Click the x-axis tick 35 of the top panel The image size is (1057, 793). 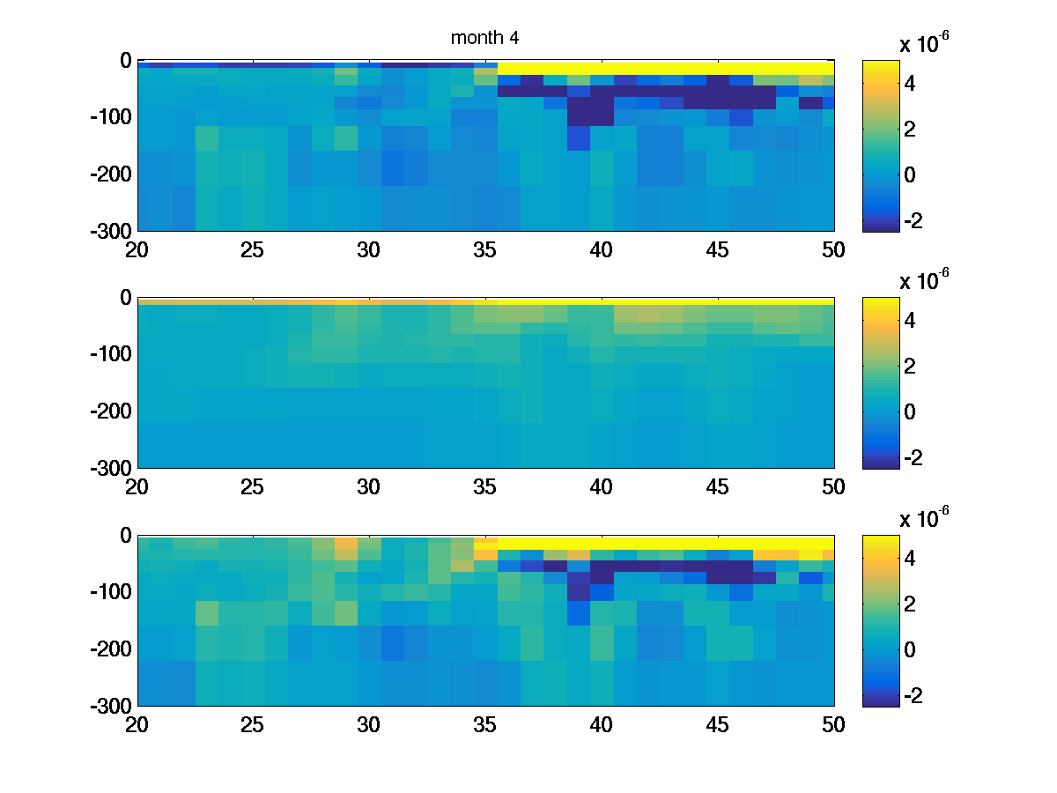484,250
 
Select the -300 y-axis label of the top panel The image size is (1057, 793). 111,231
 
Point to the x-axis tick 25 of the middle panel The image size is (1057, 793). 253,486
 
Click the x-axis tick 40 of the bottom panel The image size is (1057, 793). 601,724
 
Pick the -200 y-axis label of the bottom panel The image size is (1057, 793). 111,649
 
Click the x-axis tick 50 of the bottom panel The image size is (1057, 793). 833,724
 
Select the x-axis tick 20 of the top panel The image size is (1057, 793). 137,250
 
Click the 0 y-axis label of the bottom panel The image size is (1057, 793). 123,535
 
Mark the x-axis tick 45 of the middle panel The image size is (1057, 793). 717,486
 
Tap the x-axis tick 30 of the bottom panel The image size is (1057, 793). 368,724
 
